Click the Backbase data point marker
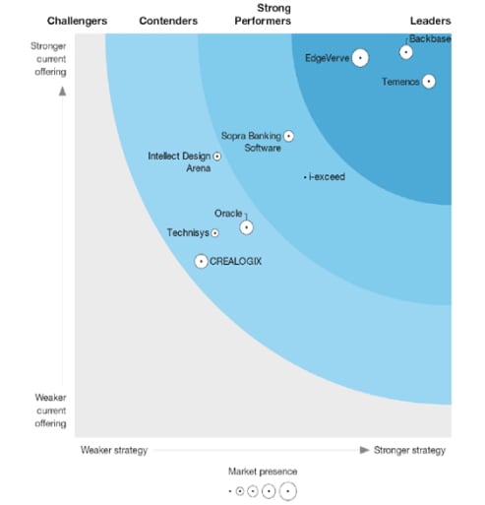coord(406,52)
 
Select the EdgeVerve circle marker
coord(360,58)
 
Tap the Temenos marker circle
coord(429,82)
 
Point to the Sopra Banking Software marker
coord(288,136)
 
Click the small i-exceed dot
coord(305,177)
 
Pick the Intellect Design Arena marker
coord(216,156)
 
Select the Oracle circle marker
coord(246,227)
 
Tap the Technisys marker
coord(215,233)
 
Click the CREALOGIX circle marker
coord(202,261)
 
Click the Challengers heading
coord(77,21)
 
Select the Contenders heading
coord(168,21)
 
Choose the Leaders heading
coord(430,21)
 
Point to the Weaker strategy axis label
coord(113,450)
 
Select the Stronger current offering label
coord(48,57)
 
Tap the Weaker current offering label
coord(48,410)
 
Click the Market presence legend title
coord(263,472)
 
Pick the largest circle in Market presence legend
coord(287,490)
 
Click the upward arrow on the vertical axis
coord(62,91)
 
